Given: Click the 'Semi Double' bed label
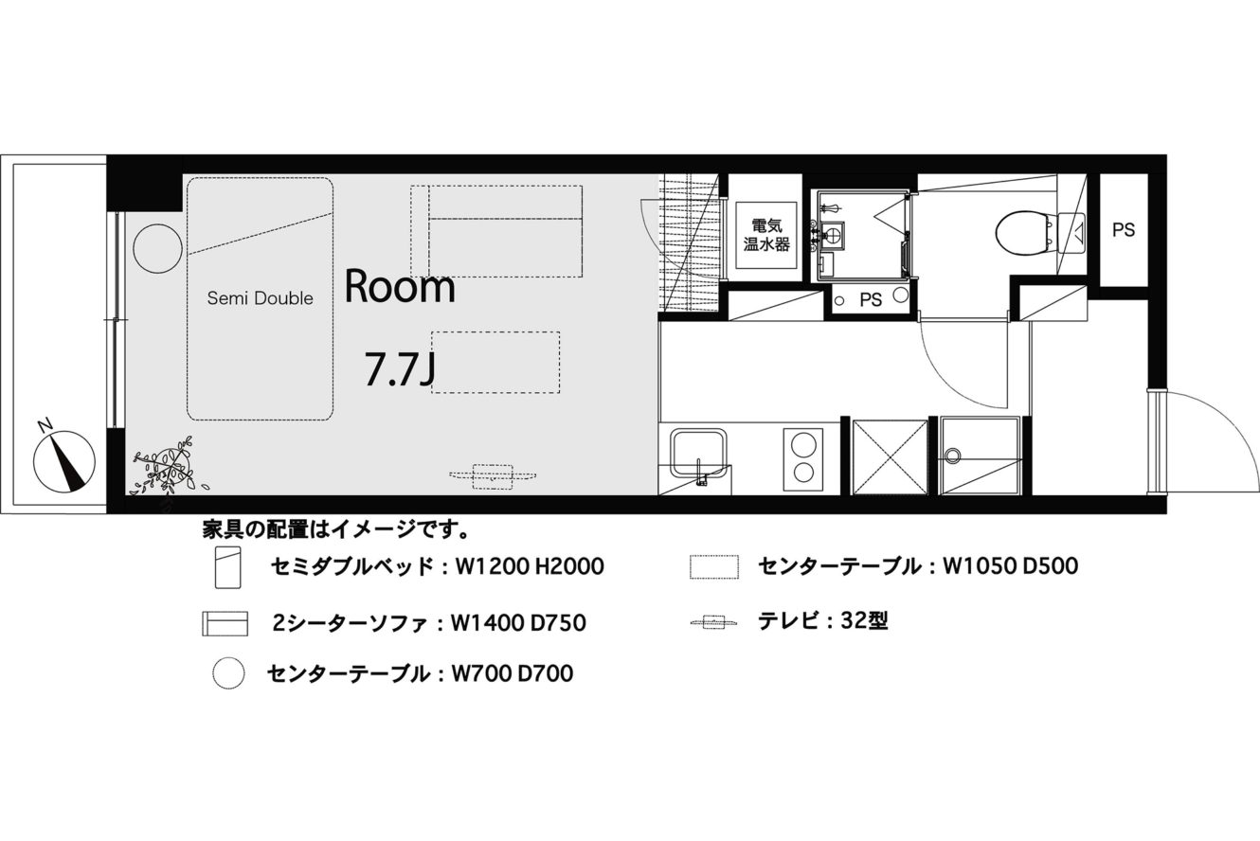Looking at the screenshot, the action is (260, 298).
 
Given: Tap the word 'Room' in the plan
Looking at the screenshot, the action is (400, 287).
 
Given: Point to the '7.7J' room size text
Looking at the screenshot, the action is (400, 368).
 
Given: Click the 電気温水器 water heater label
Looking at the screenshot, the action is (766, 235).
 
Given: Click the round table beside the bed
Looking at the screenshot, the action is (158, 248).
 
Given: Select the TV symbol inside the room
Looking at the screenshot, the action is (493, 476).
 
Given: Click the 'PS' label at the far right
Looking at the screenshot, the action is (1124, 230).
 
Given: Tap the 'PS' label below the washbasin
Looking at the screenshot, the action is (871, 299).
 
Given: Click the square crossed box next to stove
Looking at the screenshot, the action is (890, 457).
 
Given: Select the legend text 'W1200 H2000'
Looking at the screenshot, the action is (530, 566).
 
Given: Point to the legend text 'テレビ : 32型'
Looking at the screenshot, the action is (823, 621).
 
